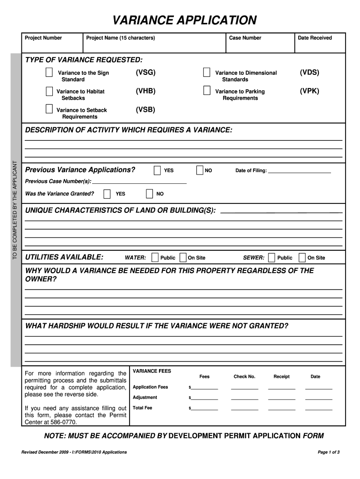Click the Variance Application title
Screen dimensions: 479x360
tap(184, 21)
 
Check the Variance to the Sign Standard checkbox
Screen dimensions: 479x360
tap(49, 73)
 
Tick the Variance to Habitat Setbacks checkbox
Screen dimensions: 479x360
tap(49, 91)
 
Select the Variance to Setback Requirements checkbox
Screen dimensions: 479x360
tap(49, 109)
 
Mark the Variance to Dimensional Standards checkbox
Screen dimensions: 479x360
tap(206, 73)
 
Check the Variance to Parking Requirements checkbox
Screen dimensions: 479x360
tap(206, 91)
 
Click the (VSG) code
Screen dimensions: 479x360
tap(145, 73)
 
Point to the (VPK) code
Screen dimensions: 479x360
tap(310, 91)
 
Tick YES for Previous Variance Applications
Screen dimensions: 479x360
tap(157, 170)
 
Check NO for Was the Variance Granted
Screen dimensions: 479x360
tap(150, 194)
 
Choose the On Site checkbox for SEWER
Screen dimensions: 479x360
tap(302, 257)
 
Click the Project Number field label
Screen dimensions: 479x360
tap(43, 38)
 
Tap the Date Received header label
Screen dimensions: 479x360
tap(315, 38)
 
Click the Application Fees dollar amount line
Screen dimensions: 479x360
tap(204, 388)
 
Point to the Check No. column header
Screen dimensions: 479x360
tap(245, 377)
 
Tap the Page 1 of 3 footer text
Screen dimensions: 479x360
tap(328, 452)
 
